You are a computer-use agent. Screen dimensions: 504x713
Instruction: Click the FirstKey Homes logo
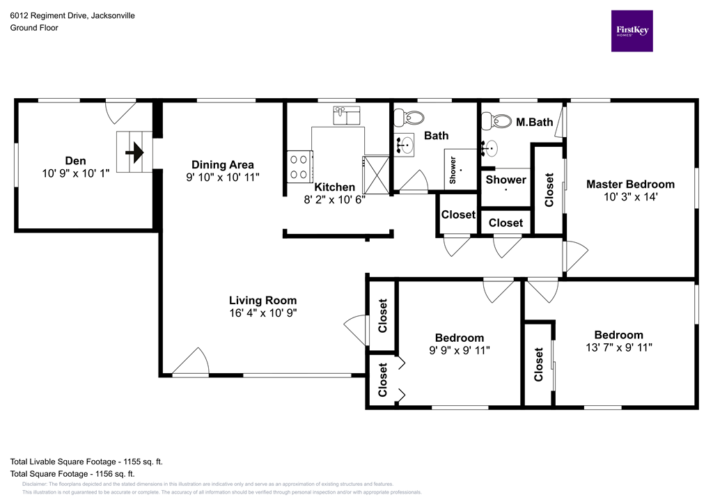[x=632, y=31]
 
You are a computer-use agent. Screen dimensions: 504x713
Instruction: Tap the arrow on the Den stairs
[x=134, y=151]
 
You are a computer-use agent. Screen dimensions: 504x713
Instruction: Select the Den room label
[x=75, y=159]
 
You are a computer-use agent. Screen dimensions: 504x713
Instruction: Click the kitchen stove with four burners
[x=300, y=166]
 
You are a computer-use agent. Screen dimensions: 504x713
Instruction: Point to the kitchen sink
[x=346, y=115]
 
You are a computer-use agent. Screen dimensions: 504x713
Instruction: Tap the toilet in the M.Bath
[x=499, y=121]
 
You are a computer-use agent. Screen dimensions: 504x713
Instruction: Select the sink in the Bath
[x=405, y=145]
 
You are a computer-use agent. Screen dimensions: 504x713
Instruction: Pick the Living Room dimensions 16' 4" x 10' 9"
[x=263, y=313]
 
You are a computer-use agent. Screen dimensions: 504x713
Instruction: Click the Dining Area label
[x=218, y=165]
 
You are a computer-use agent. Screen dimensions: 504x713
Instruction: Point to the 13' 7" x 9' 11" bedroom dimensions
[x=618, y=347]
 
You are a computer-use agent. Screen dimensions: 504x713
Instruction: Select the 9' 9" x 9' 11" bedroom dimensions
[x=459, y=350]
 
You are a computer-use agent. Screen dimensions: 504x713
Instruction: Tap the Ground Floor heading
[x=34, y=28]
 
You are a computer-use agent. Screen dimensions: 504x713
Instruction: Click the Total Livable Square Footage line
[x=86, y=462]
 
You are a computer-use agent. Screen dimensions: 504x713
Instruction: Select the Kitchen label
[x=334, y=187]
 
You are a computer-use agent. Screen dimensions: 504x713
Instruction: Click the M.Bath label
[x=534, y=123]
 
